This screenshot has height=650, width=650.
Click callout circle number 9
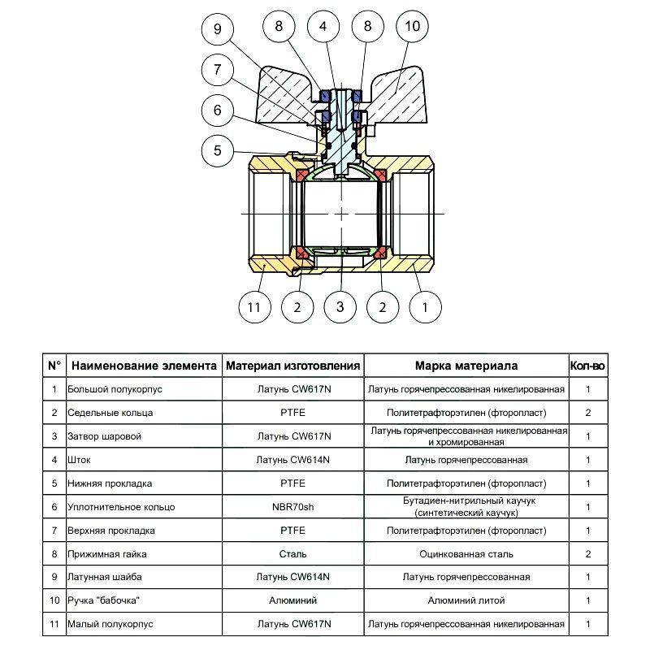[x=218, y=28]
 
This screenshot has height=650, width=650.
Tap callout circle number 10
[x=413, y=26]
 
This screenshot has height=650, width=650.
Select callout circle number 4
[x=323, y=26]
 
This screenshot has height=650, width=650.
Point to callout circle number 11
[x=254, y=307]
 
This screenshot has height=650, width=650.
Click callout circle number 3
[x=340, y=307]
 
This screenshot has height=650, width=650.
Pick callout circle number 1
[x=425, y=307]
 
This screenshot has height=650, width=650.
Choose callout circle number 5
[x=218, y=150]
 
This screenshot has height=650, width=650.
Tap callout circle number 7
[x=218, y=70]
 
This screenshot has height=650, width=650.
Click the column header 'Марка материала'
[x=466, y=366]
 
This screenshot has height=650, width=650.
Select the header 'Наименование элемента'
[x=144, y=366]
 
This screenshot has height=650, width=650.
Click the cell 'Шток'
[x=79, y=460]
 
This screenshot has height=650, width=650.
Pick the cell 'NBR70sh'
[x=292, y=507]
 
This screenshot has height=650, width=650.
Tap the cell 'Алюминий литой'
[x=466, y=600]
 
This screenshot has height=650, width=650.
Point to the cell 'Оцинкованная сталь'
[x=466, y=554]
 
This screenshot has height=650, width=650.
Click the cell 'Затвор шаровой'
[x=105, y=436]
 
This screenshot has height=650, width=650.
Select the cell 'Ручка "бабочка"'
[x=103, y=600]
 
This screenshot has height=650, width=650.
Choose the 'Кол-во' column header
[x=587, y=366]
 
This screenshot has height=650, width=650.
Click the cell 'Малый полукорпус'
[x=110, y=624]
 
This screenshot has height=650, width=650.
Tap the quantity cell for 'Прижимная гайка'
[x=587, y=554]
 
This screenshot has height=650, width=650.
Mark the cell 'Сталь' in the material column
[x=292, y=554]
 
